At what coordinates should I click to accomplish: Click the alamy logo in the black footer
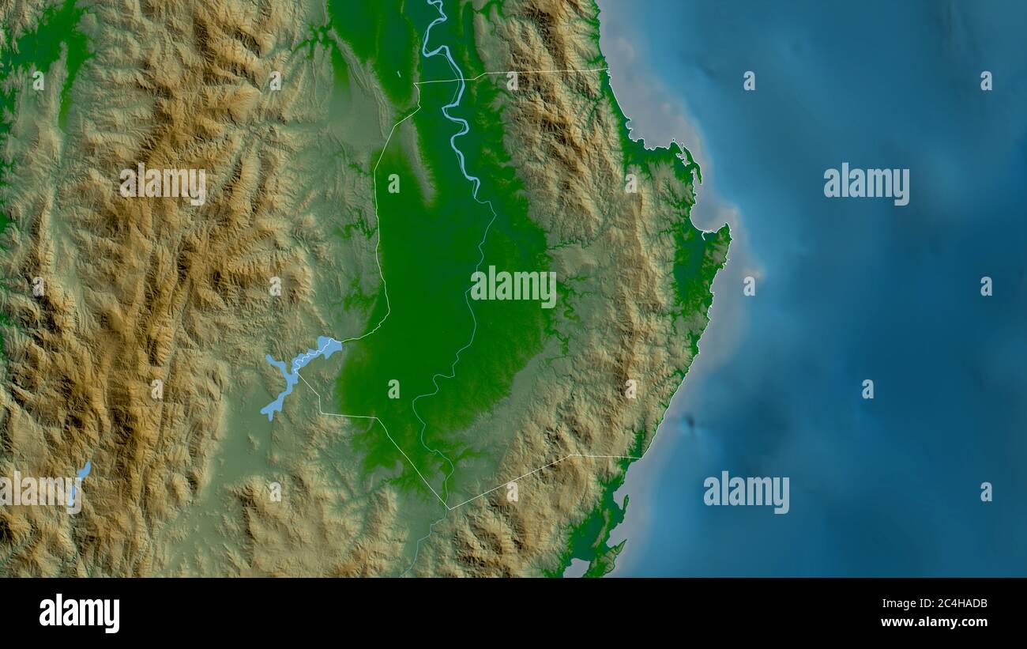pos(79,613)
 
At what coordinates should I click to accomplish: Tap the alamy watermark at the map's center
pos(513,286)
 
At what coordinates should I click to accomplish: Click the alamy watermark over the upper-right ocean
pos(866,183)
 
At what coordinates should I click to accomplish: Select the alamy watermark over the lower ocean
pos(746,492)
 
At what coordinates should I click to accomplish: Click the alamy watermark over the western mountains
pos(163,183)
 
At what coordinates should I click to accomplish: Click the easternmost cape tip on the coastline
pos(728,230)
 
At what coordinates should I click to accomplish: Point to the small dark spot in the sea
pos(690,422)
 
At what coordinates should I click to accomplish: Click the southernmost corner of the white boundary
pos(448,509)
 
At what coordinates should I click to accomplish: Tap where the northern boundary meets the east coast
pos(609,70)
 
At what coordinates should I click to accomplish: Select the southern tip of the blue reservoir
pos(267,416)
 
